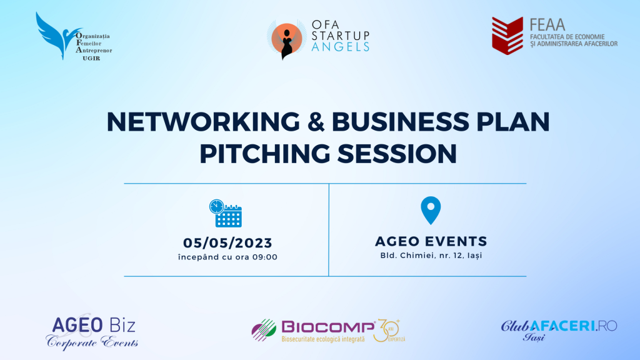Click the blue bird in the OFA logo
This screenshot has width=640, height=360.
(55, 37)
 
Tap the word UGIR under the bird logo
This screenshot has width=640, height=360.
(91, 58)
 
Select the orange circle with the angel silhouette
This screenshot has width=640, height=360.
(286, 39)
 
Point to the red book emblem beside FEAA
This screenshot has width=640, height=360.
(507, 36)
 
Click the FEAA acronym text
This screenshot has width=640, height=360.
(547, 25)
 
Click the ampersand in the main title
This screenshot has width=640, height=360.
(316, 122)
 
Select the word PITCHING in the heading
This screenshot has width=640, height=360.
(264, 154)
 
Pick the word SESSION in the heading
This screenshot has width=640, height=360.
(397, 154)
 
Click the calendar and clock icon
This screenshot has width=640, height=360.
(226, 213)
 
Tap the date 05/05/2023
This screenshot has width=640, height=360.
(227, 243)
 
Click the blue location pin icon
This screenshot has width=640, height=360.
(431, 210)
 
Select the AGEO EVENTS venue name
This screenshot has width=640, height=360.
(431, 241)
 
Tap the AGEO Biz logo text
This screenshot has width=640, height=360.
(94, 325)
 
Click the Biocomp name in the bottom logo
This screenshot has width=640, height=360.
(328, 327)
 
